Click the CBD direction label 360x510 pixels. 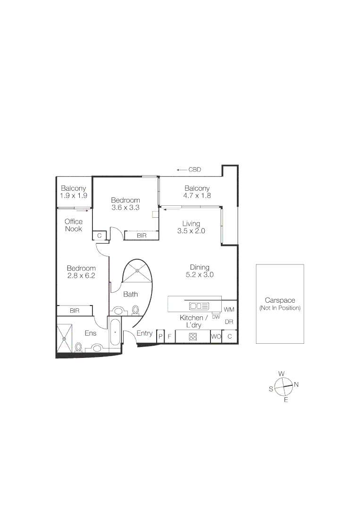[194, 170]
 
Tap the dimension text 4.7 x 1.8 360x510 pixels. [197, 195]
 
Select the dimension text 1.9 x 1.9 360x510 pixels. [73, 195]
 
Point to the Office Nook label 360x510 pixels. [73, 225]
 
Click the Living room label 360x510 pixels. [191, 223]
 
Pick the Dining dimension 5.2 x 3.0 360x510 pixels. [199, 274]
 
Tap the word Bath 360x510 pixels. [131, 294]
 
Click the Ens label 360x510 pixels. [91, 333]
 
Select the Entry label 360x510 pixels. [144, 333]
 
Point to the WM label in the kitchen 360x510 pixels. [229, 310]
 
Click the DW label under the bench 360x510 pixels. [216, 317]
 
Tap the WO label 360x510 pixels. [216, 337]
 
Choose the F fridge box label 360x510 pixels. [169, 337]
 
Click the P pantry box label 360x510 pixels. [160, 337]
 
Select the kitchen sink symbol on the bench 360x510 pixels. [199, 305]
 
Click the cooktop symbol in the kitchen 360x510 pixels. [193, 337]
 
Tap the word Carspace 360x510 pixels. [280, 300]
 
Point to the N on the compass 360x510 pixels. [296, 384]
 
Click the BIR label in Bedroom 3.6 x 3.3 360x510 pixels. [141, 235]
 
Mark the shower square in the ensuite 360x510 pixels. [65, 335]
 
